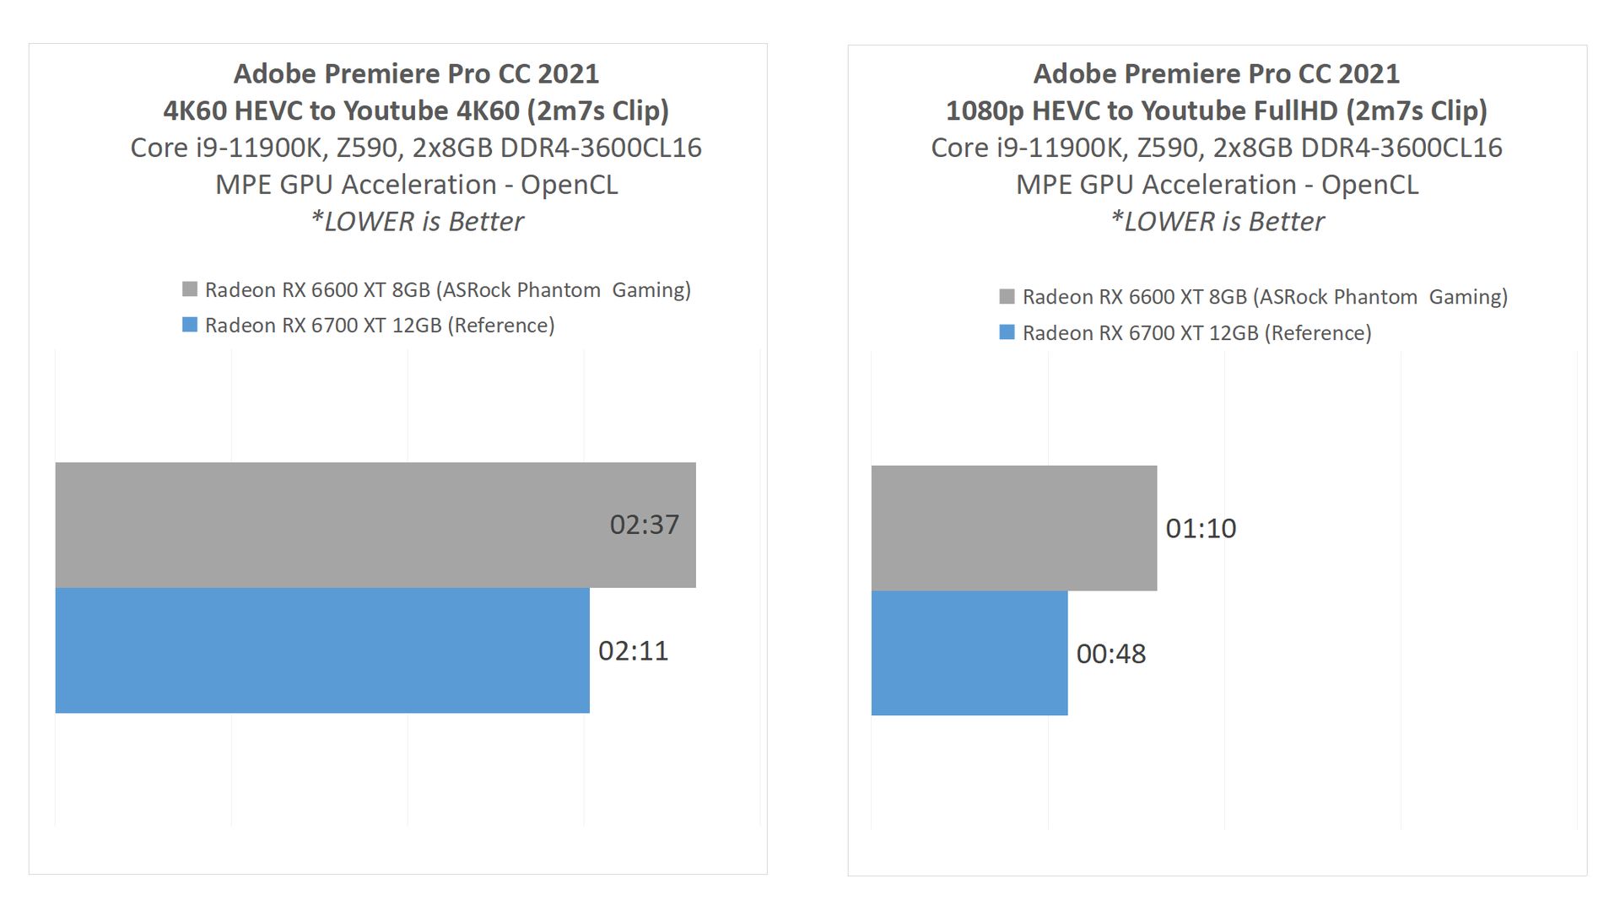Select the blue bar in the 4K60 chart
[x=322, y=650]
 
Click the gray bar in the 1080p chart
[x=1013, y=528]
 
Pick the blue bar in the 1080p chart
[x=969, y=653]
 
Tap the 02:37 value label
[x=644, y=525]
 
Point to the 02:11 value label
[x=633, y=650]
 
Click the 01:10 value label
[x=1201, y=528]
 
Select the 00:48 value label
[x=1111, y=654]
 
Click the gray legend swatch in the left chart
[x=190, y=289]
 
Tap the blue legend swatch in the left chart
[x=190, y=325]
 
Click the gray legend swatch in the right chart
[x=1007, y=296]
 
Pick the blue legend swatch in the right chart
[x=1007, y=332]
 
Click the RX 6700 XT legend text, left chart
[x=380, y=326]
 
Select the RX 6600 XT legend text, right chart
[x=1265, y=297]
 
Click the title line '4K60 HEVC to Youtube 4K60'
[x=416, y=111]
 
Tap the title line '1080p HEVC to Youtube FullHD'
[x=1216, y=111]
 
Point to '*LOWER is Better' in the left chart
[x=417, y=221]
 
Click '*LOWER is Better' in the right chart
[x=1217, y=221]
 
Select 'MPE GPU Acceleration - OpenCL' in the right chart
[x=1217, y=185]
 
